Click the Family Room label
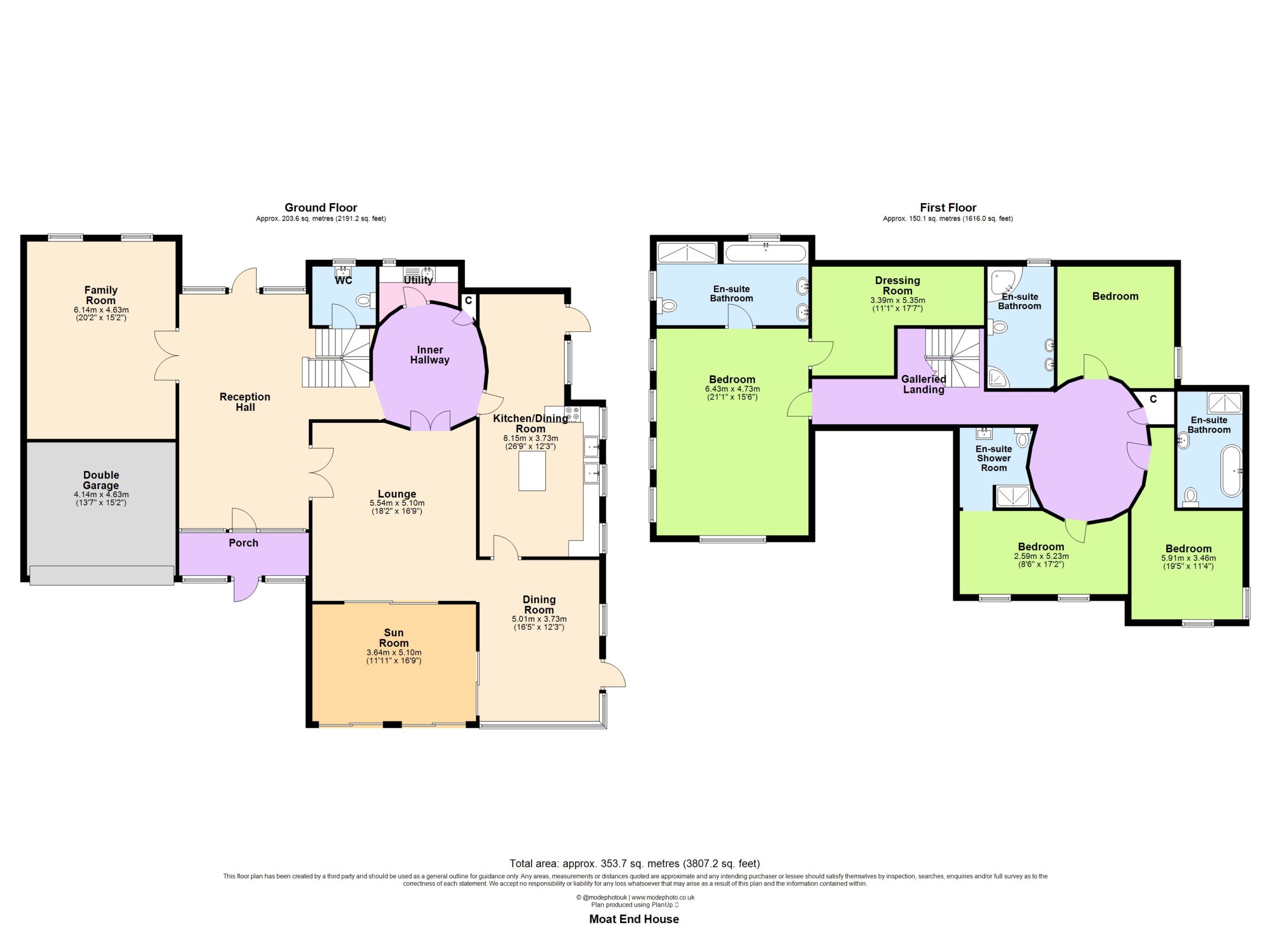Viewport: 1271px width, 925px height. coord(101,295)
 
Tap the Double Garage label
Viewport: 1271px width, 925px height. coord(101,480)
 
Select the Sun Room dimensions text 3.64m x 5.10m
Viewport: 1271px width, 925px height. coord(394,653)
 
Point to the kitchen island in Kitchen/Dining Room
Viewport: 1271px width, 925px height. coord(532,471)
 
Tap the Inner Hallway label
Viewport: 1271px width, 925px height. coord(430,355)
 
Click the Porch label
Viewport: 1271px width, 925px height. coord(244,542)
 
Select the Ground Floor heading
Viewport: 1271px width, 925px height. coord(321,208)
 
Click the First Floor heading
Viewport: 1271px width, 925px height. coord(948,208)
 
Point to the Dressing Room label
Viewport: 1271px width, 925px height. coord(898,285)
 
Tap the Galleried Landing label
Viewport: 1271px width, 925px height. coord(923,384)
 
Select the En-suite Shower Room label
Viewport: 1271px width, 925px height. coord(993,458)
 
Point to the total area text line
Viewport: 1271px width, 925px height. coord(635,863)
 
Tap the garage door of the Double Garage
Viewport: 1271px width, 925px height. coord(101,575)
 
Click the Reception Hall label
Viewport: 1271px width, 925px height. coord(245,402)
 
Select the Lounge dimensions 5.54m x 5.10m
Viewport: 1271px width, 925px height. coord(397,503)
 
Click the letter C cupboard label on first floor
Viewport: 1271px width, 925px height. coord(1153,399)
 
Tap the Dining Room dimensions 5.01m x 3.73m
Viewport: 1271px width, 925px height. coord(539,619)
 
